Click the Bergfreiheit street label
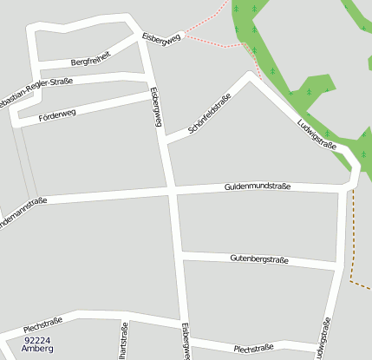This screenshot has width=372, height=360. click(x=91, y=59)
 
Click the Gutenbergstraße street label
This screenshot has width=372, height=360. click(x=258, y=259)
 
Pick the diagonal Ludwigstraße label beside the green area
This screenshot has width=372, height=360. click(x=317, y=133)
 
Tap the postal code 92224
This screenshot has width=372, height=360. click(x=38, y=340)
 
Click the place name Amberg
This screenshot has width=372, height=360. click(x=38, y=349)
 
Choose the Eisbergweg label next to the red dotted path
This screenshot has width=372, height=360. click(x=161, y=39)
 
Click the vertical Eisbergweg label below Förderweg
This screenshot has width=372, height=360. click(x=156, y=107)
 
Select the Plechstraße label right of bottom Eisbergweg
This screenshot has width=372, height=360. click(x=253, y=348)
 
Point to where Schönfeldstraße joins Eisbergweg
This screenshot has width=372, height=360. click(x=166, y=141)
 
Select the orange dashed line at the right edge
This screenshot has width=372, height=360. click(x=354, y=252)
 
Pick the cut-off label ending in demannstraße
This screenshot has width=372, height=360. click(x=23, y=209)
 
